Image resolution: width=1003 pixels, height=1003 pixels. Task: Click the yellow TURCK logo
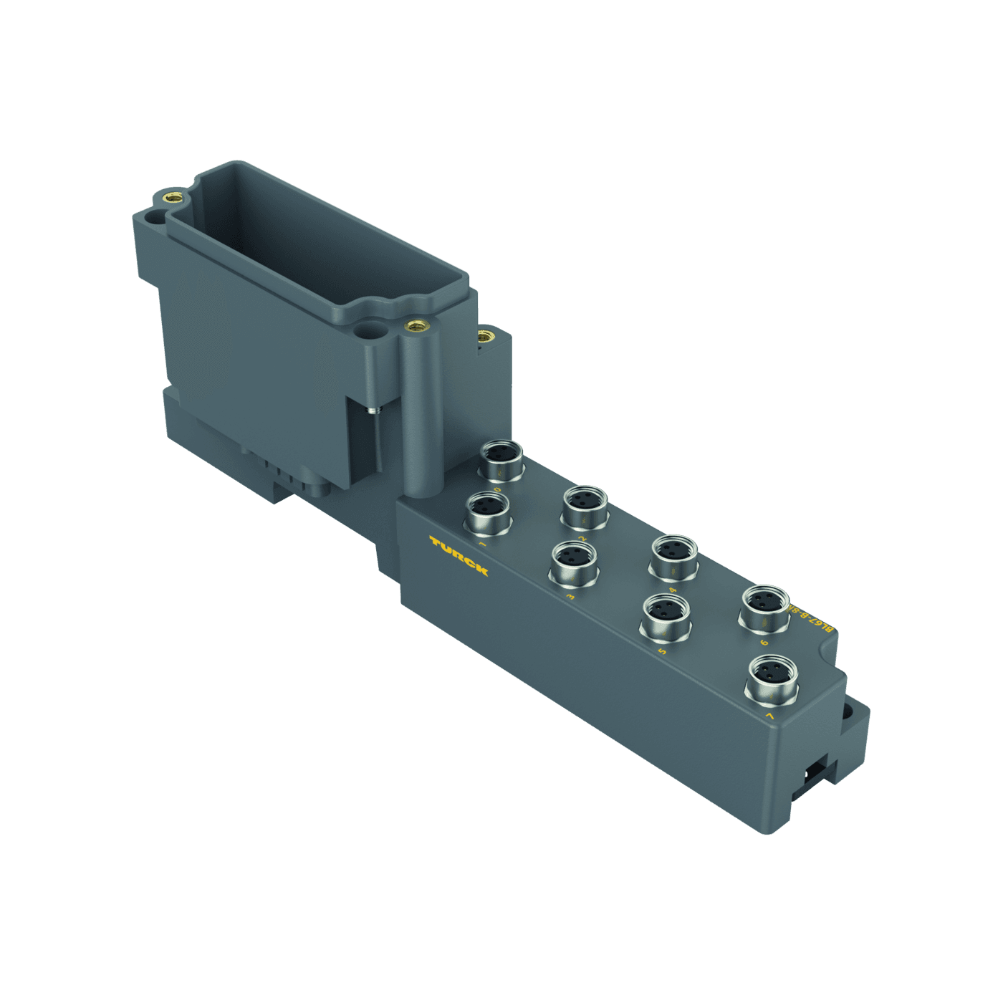pos(459,555)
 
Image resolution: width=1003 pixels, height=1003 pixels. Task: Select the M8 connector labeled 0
pos(501,460)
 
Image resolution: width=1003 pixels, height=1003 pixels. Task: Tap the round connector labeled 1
pos(488,512)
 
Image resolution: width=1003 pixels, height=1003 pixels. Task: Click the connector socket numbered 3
pos(573,562)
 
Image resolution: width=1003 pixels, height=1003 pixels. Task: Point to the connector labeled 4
pos(674,557)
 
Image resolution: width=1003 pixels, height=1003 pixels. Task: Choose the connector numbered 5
pos(664,616)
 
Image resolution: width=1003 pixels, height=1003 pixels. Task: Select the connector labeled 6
pos(764,608)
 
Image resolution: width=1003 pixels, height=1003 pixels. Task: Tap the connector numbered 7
pos(772,678)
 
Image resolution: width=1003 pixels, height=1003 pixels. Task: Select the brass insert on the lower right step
pos(485,335)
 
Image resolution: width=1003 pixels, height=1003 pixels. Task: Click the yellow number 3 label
pos(570,595)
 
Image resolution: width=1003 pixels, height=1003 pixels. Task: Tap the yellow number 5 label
pos(661,651)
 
